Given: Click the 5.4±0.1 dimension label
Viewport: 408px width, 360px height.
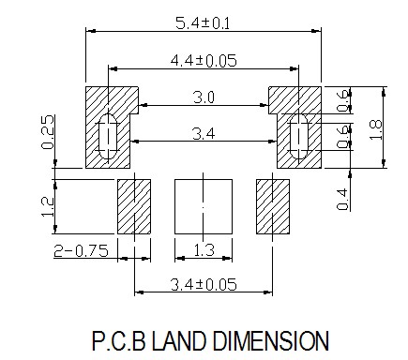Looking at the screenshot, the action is [x=203, y=23].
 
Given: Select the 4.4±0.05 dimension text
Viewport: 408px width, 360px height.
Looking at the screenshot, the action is [x=204, y=60].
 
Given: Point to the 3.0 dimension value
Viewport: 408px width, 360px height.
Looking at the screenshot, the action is [x=204, y=97].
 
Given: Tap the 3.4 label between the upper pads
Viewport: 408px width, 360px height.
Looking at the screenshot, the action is [x=204, y=134].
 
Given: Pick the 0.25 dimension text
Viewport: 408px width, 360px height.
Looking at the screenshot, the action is [x=48, y=132].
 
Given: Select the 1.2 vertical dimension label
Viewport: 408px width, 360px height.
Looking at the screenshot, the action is [x=48, y=206].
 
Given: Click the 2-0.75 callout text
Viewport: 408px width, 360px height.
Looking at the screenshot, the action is [x=82, y=251].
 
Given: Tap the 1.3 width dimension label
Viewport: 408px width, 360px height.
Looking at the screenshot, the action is [x=204, y=250].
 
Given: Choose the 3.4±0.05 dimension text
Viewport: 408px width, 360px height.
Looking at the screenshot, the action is [x=204, y=284].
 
